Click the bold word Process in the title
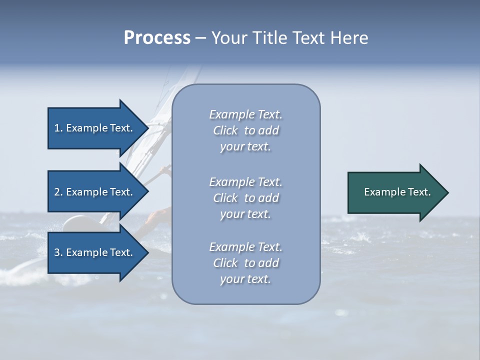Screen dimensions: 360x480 pos(157,38)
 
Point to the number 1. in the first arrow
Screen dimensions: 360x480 pos(58,128)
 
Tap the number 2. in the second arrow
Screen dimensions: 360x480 pos(58,192)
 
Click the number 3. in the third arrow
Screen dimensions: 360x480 pos(58,252)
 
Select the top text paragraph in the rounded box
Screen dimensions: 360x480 pos(245,130)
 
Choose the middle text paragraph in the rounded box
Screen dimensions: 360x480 pos(245,198)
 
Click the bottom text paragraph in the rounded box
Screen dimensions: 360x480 pos(245,263)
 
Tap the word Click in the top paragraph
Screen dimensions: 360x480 pos(225,130)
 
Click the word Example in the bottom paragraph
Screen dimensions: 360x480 pos(231,247)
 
